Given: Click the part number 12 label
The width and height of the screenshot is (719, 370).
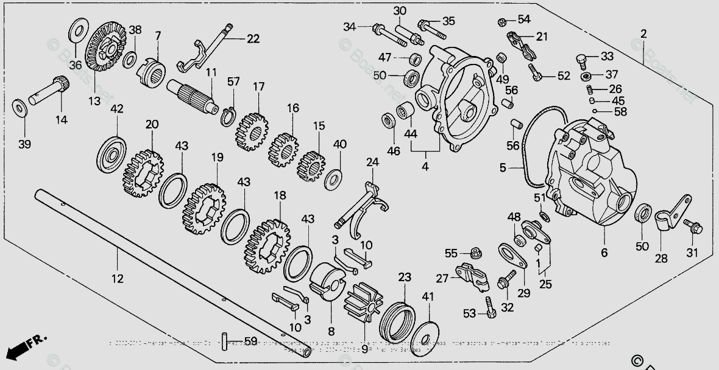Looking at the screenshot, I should pyautogui.click(x=117, y=279).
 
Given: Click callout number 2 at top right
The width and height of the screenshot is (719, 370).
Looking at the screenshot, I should pyautogui.click(x=643, y=33).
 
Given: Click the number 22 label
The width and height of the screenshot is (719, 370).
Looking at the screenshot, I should pyautogui.click(x=252, y=39).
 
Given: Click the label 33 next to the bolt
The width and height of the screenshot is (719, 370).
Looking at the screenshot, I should pyautogui.click(x=607, y=57).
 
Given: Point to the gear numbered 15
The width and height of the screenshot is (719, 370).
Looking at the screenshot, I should pyautogui.click(x=312, y=165).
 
